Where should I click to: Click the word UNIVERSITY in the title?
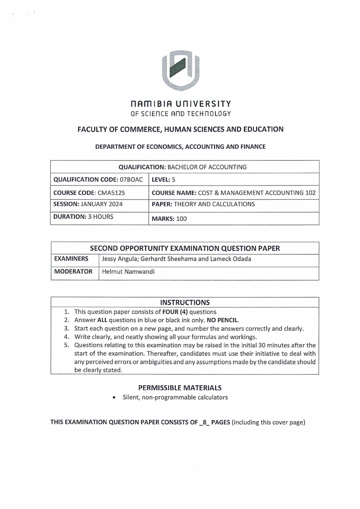tap(206, 104)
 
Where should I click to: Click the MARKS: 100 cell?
tap(169, 219)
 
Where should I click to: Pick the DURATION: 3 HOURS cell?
tap(83, 216)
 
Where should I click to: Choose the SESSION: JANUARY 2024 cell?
tap(88, 204)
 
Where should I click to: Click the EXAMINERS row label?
tap(71, 259)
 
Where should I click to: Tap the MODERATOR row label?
tap(73, 271)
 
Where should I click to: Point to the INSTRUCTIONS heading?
tap(185, 302)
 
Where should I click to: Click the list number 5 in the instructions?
tap(66, 345)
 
